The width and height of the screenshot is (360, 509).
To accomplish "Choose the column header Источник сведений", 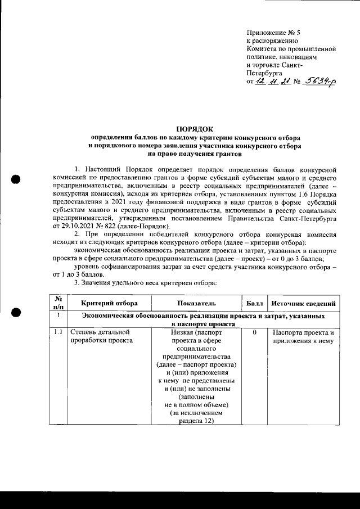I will click(304, 304).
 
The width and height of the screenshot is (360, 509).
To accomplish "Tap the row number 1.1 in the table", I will click(58, 332).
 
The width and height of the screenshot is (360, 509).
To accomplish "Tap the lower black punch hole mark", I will click(16, 312).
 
